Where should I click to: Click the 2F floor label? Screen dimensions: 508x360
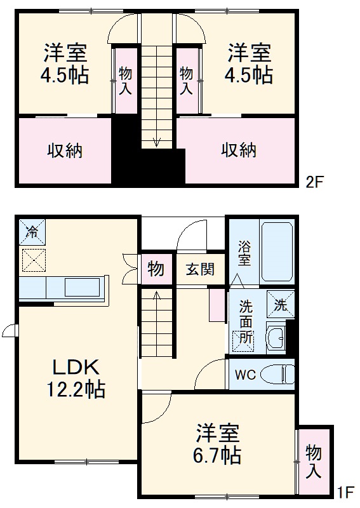(315, 183)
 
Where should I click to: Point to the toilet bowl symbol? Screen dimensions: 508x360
(279, 375)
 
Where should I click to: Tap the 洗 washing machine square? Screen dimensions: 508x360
(281, 304)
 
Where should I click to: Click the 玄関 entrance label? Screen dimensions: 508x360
(200, 269)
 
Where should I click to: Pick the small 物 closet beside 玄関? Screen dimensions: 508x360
(156, 269)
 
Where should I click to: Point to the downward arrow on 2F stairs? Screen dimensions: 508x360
(156, 141)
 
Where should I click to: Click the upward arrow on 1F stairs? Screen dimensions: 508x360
(156, 295)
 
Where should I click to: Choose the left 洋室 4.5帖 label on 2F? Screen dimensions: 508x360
(65, 63)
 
